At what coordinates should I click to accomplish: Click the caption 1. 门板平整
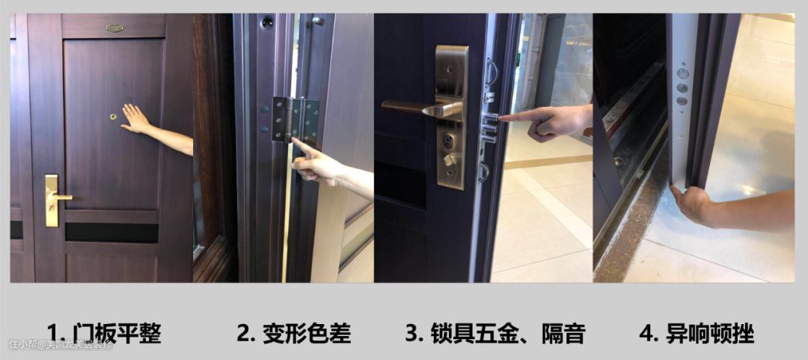(x=104, y=333)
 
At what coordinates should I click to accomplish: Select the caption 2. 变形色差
(x=294, y=333)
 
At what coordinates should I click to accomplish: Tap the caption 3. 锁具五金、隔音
(x=495, y=333)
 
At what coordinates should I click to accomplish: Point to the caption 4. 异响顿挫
(x=697, y=333)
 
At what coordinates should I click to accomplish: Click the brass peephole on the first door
(x=114, y=117)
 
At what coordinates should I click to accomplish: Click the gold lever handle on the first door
(x=54, y=199)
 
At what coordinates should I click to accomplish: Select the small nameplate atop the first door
(x=114, y=28)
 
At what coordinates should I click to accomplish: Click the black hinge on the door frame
(x=296, y=120)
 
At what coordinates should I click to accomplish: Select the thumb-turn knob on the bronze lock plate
(x=450, y=159)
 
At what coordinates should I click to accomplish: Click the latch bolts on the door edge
(x=489, y=127)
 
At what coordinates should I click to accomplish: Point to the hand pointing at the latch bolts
(x=549, y=122)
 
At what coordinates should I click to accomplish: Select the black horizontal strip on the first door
(x=111, y=233)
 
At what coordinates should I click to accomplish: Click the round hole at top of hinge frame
(x=267, y=22)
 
